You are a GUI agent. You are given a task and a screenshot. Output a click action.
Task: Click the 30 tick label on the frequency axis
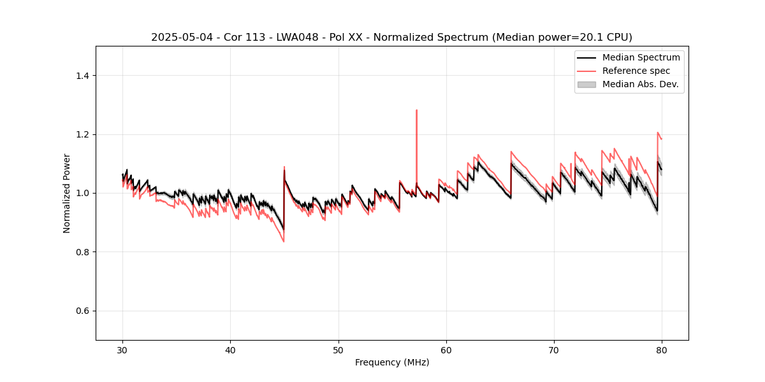123,350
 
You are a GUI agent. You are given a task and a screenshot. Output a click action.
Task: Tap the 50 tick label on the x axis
339,350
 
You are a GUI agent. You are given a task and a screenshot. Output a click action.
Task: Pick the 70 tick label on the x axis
554,350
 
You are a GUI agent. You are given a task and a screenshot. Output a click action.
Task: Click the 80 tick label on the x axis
662,350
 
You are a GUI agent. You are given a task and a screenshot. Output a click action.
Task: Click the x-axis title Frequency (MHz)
392,362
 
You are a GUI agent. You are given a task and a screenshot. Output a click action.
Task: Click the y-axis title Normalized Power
67,193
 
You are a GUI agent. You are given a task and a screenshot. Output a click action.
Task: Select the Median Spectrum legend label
641,57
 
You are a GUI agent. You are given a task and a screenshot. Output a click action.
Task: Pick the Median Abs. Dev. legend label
641,84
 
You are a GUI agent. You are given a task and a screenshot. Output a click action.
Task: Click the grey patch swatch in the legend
586,84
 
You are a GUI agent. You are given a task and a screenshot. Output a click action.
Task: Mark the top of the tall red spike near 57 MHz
416,110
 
